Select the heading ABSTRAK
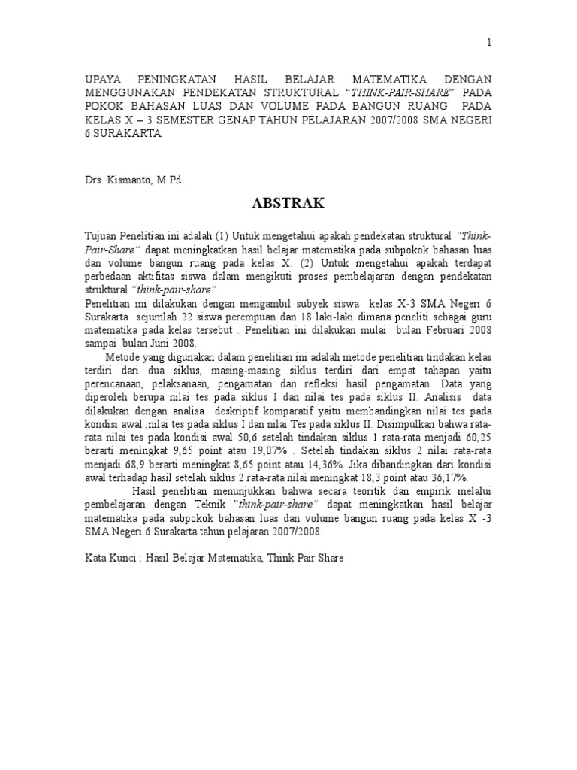coord(288,203)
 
